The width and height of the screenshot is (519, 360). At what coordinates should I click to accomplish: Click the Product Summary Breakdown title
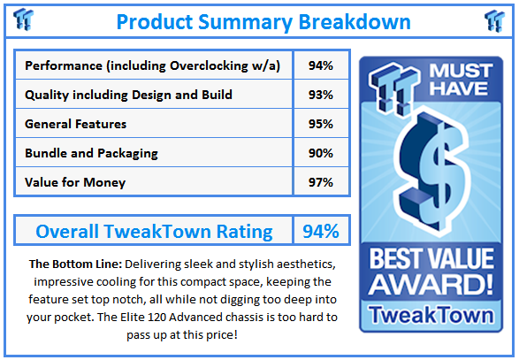263,21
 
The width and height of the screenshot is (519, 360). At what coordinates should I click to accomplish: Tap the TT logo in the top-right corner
494,20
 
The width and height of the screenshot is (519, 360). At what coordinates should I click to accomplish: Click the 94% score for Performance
320,66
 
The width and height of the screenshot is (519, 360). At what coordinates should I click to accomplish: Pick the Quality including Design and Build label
129,96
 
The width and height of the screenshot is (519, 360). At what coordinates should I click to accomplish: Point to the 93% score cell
320,96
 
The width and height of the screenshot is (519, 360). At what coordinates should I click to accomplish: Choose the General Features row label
76,125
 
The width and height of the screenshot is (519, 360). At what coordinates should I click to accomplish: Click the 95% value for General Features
320,125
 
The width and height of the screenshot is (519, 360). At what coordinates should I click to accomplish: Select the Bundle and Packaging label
92,153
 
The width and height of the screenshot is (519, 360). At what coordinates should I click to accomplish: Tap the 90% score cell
320,153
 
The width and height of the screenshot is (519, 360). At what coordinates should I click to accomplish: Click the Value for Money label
75,182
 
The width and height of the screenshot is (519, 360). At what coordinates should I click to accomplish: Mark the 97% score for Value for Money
320,182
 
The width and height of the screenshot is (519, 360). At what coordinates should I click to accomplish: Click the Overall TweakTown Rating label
154,232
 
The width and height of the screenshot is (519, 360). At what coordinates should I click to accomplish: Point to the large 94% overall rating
320,232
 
